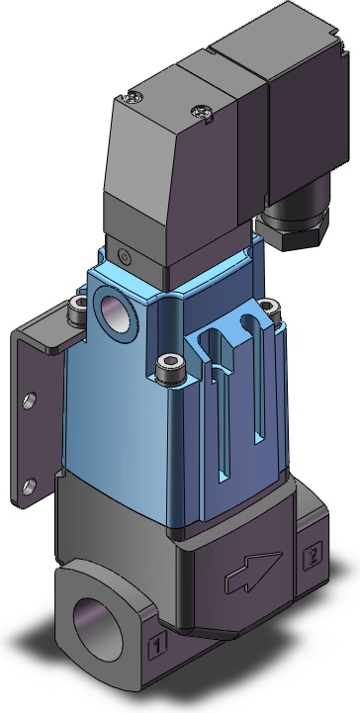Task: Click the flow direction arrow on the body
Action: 252,572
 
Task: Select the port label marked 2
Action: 314,555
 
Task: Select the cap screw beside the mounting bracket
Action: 78,310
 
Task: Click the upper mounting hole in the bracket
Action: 30,401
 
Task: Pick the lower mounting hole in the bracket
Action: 30,487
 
